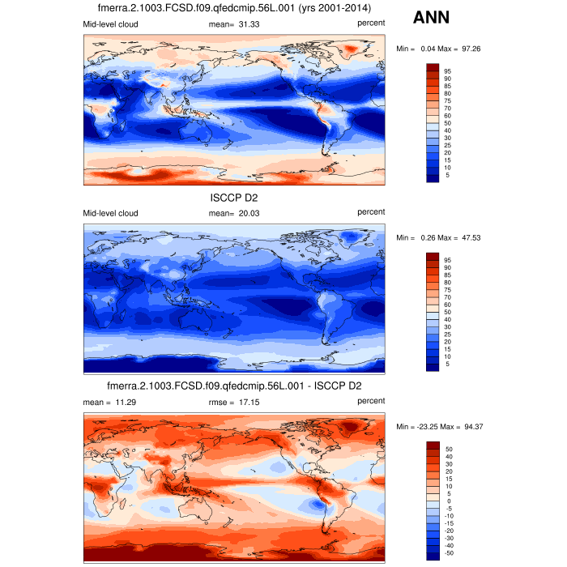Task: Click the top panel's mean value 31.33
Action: pos(245,24)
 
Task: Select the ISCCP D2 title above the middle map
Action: pos(233,197)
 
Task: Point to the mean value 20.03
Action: pos(245,213)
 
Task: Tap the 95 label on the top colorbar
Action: pos(446,71)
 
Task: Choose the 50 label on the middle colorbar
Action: pos(446,312)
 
